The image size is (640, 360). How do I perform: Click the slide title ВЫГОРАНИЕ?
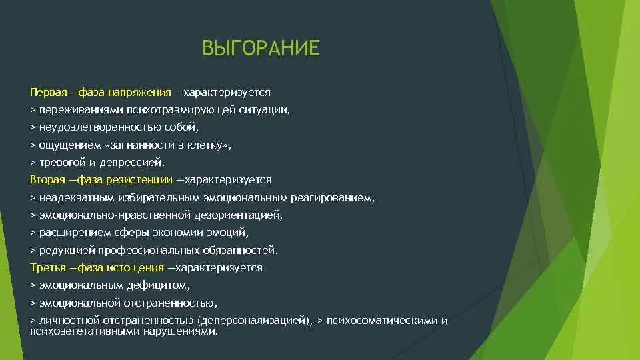[x=261, y=49]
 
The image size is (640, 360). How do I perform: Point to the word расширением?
[x=68, y=233]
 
